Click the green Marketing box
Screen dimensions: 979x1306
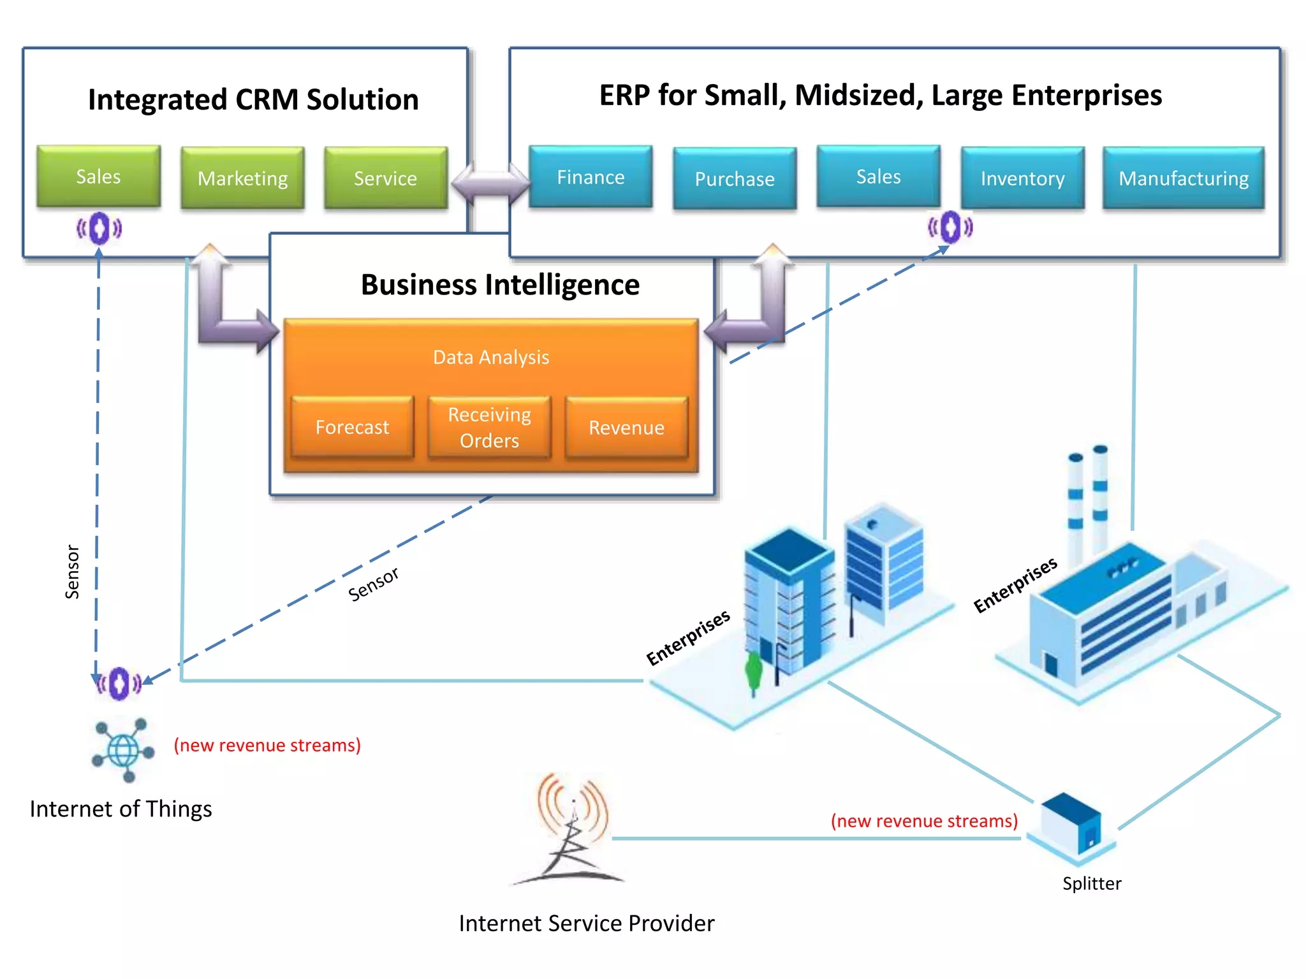pyautogui.click(x=242, y=178)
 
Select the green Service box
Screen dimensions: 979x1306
pyautogui.click(x=385, y=178)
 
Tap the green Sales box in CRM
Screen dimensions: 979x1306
pyautogui.click(x=98, y=176)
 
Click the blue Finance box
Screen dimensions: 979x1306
pyautogui.click(x=591, y=177)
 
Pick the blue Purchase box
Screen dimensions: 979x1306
pyautogui.click(x=735, y=178)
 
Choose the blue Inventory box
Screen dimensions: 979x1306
pyautogui.click(x=1022, y=178)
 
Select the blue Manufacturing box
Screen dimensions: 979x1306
pyautogui.click(x=1184, y=178)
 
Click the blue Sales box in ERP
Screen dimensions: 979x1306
pyautogui.click(x=878, y=176)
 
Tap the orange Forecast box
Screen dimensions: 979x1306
pyautogui.click(x=352, y=427)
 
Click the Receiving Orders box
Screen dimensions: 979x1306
pyautogui.click(x=489, y=427)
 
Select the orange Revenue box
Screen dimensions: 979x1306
pyautogui.click(x=626, y=427)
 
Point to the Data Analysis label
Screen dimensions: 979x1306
pyautogui.click(x=491, y=357)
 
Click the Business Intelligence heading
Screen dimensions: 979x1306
pyautogui.click(x=500, y=284)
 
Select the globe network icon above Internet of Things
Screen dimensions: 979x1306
pyautogui.click(x=124, y=750)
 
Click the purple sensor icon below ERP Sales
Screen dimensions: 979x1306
pyautogui.click(x=950, y=227)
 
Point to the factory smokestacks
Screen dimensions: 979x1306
pyautogui.click(x=1088, y=497)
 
